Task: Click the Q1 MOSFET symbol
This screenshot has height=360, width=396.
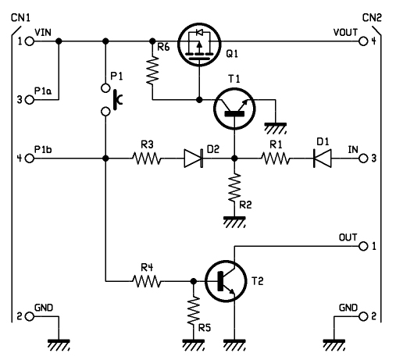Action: point(199,45)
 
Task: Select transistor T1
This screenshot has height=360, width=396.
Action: point(234,109)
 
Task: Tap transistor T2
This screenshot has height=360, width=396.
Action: point(226,281)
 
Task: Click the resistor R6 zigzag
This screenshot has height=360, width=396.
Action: point(152,70)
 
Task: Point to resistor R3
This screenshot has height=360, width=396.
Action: point(147,159)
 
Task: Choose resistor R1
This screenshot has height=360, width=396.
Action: point(276,159)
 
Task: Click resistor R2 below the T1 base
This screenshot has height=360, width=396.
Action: point(234,187)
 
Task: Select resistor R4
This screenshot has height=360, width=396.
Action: point(147,281)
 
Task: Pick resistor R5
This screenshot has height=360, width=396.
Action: point(194,310)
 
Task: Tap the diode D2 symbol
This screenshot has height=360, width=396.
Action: point(194,159)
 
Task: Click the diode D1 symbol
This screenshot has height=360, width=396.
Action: point(323,159)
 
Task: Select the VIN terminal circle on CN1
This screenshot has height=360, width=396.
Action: point(30,41)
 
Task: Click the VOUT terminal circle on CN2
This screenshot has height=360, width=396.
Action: point(363,41)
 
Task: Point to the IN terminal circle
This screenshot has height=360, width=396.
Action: point(363,159)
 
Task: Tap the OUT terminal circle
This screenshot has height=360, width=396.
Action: point(363,246)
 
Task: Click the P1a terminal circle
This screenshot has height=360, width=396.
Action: point(30,100)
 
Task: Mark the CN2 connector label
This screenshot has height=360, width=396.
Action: point(372,18)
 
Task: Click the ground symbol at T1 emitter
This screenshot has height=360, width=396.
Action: point(276,129)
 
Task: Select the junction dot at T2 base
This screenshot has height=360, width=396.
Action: point(194,281)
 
